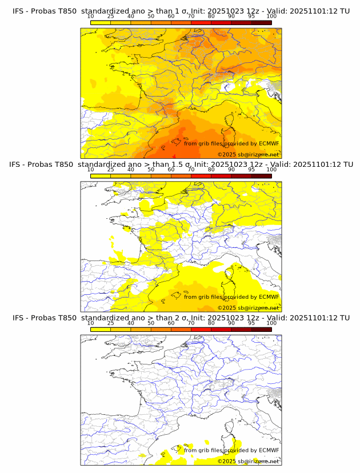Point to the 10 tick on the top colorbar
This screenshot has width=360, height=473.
click(91, 16)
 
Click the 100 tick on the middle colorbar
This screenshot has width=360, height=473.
click(271, 169)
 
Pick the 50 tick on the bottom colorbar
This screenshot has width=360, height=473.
click(151, 323)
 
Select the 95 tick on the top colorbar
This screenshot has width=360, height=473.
click(251, 16)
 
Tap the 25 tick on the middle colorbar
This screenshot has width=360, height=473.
click(111, 169)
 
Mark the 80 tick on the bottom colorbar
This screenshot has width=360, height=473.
click(211, 323)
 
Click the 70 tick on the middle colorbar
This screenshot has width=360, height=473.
click(191, 169)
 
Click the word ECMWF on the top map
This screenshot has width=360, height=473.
click(269, 144)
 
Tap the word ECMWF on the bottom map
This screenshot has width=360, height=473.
click(269, 451)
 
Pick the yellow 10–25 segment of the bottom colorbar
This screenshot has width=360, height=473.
click(101, 330)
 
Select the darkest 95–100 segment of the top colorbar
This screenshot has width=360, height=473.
click(261, 22)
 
